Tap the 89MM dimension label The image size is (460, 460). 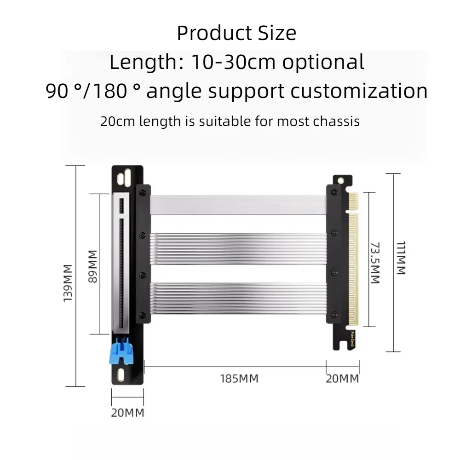pyautogui.click(x=93, y=266)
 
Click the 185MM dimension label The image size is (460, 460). pyautogui.click(x=239, y=379)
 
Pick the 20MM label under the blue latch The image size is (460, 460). pyautogui.click(x=127, y=413)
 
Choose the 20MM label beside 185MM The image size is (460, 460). pyautogui.click(x=342, y=379)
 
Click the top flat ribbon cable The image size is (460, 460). pyautogui.click(x=238, y=205)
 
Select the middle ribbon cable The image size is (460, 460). pyautogui.click(x=238, y=248)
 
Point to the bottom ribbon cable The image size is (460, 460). pyautogui.click(x=238, y=298)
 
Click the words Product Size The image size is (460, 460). pyautogui.click(x=236, y=34)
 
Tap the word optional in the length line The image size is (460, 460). pyautogui.click(x=323, y=62)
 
